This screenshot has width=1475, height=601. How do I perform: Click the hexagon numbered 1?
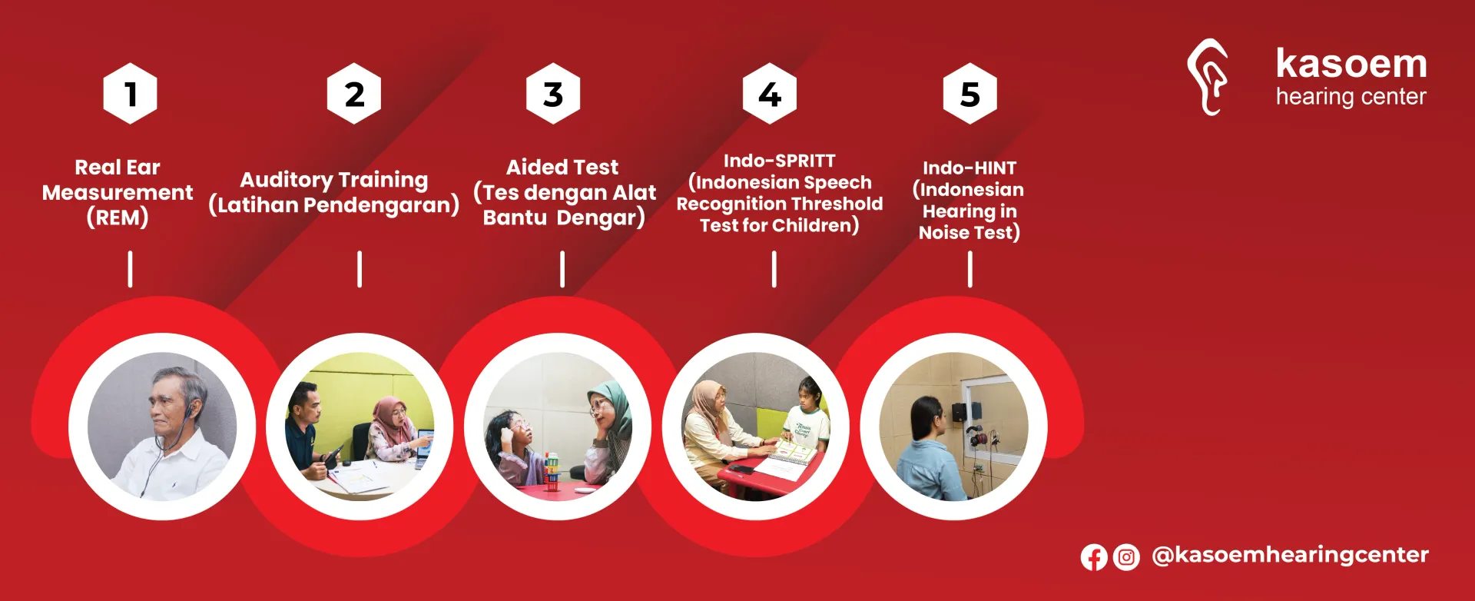coord(131,94)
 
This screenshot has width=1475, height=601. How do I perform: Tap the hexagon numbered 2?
coord(354,94)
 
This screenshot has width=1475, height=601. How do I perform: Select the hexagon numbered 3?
coord(553,94)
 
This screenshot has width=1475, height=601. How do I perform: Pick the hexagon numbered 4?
coord(770,94)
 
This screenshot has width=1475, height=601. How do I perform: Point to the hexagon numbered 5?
coord(970,94)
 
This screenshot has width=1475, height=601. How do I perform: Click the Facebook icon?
coord(1094,557)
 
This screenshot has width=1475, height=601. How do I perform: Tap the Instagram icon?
coord(1126,557)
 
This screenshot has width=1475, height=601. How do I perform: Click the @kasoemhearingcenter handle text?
coord(1291,555)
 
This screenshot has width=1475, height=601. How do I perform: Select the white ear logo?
coord(1208,77)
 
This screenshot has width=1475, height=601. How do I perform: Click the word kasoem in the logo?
coord(1351,64)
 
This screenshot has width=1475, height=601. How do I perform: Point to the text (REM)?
coord(118,217)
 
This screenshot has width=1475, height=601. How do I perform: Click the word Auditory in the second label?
coord(286,180)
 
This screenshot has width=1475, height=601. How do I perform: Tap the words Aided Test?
coord(562,167)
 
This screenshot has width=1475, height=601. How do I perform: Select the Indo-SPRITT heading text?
coord(780,161)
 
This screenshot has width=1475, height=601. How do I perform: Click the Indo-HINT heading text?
coord(970,168)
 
